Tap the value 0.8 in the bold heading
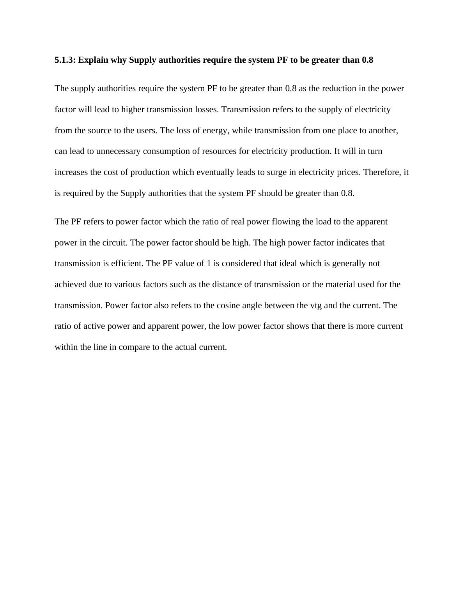(367, 60)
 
